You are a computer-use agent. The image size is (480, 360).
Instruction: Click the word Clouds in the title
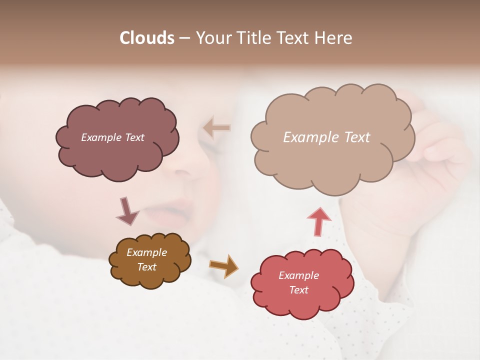(x=147, y=38)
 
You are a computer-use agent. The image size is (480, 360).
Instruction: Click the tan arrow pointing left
(x=217, y=128)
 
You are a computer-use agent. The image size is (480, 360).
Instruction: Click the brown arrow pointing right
(x=223, y=265)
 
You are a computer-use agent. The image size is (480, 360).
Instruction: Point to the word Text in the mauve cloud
(x=133, y=137)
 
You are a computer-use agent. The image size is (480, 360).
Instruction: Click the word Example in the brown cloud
(x=146, y=252)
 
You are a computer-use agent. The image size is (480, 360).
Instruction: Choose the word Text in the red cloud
(x=298, y=290)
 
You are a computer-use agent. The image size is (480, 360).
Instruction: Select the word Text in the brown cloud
(x=146, y=267)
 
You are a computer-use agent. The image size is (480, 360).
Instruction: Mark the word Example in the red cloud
(x=298, y=275)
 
